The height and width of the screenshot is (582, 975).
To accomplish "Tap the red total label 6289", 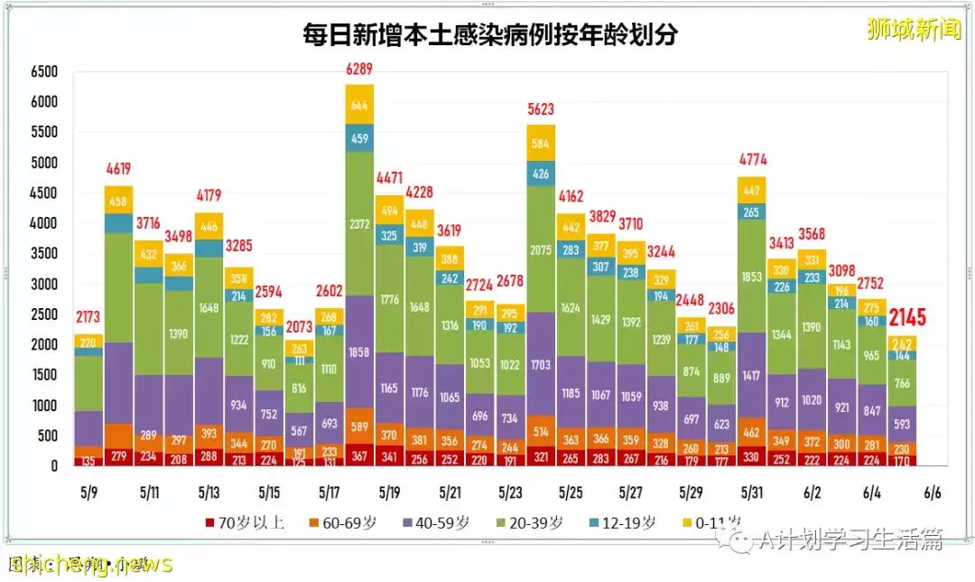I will click(x=359, y=69).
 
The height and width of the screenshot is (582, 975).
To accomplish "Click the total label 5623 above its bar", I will click(x=541, y=109).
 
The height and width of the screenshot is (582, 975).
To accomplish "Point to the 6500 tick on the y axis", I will click(x=43, y=71).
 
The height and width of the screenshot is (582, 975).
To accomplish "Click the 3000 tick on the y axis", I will click(x=43, y=285).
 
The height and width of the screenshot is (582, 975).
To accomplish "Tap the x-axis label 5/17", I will click(x=329, y=493).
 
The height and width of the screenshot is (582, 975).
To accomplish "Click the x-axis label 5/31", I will click(x=752, y=493).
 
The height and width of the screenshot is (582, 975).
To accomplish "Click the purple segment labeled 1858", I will click(x=359, y=351).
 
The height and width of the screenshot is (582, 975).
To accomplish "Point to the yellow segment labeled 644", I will click(x=359, y=105).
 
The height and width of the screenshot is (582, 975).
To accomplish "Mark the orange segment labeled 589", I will click(x=359, y=426).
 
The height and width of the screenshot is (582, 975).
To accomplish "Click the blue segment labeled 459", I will click(x=359, y=138).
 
